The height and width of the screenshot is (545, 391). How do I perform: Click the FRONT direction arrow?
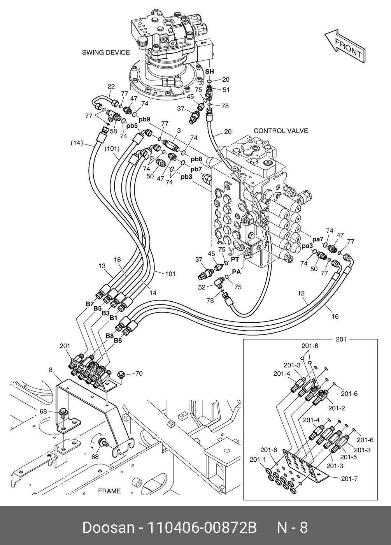coord(345,46)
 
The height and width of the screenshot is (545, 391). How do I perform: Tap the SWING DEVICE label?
coord(106,53)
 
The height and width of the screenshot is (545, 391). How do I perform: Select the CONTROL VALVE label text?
coord(281,131)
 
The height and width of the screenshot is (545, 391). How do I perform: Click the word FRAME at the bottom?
coord(109,491)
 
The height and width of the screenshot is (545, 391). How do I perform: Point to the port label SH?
coord(210,72)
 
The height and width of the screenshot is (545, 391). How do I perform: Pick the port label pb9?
coord(144,120)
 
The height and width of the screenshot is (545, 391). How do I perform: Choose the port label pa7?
coord(318,239)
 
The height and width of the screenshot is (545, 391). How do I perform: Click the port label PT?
coord(235,260)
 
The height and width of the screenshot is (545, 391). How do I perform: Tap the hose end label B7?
coord(90,304)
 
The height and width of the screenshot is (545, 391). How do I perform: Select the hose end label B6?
coord(117,341)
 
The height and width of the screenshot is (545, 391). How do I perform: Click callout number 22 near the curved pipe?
coord(111,86)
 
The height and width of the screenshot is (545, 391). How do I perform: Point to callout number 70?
coord(139,373)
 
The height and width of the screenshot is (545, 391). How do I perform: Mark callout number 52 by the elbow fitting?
coord(202,287)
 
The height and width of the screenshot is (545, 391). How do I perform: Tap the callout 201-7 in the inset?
coord(349,478)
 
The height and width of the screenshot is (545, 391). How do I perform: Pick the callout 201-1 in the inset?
coord(258,459)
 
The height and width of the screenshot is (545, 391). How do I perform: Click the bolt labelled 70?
coord(121,374)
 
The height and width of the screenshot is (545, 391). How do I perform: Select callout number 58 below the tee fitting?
coord(113,131)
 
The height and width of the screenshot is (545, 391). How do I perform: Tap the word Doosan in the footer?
coord(109,528)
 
